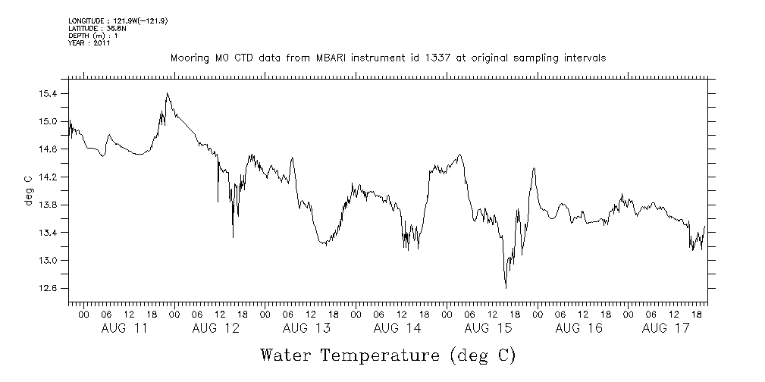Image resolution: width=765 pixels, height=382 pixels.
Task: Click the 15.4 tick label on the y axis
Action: pyautogui.click(x=48, y=93)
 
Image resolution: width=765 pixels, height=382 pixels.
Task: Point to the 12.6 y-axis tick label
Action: pyautogui.click(x=48, y=288)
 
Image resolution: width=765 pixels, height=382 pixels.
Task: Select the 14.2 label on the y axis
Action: pyautogui.click(x=48, y=177)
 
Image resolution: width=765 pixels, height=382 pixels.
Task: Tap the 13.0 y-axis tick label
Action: pyautogui.click(x=48, y=260)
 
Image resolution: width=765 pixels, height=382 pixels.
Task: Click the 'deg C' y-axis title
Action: pyautogui.click(x=28, y=190)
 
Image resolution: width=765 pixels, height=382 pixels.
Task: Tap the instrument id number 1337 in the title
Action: pyautogui.click(x=425, y=58)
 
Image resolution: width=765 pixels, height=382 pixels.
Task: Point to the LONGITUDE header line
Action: pyautogui.click(x=118, y=20)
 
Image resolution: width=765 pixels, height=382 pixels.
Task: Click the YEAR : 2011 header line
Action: pyautogui.click(x=89, y=43)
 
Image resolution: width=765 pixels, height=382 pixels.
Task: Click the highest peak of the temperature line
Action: pyautogui.click(x=167, y=93)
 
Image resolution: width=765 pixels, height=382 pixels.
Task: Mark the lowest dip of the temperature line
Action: pyautogui.click(x=506, y=287)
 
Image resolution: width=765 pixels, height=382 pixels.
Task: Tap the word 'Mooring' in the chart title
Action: pyautogui.click(x=188, y=58)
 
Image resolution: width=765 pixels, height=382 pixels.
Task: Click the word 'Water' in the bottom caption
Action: pyautogui.click(x=286, y=355)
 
